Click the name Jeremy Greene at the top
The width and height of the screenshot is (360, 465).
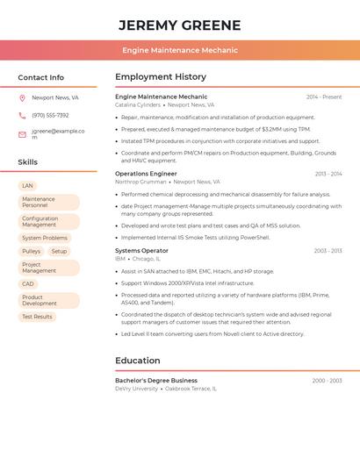(x=179, y=25)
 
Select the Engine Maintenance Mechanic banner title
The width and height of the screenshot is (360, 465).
(x=179, y=50)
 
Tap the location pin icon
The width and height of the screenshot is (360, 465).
(x=22, y=98)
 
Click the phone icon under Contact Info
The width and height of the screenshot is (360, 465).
(x=22, y=115)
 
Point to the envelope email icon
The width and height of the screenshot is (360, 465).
(x=22, y=134)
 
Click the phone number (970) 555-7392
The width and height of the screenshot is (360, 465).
(x=50, y=115)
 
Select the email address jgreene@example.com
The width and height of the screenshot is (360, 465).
(x=58, y=134)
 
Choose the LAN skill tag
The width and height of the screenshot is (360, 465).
(x=27, y=186)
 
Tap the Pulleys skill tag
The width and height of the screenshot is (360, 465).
(x=31, y=252)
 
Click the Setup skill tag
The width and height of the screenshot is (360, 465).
(x=59, y=252)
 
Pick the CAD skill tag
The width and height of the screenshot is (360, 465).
(x=28, y=284)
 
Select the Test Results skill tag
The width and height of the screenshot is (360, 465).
(x=37, y=317)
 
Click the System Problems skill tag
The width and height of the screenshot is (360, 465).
(x=44, y=238)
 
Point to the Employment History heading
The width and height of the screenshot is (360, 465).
(x=160, y=77)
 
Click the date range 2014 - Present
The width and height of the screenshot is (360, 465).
(x=324, y=97)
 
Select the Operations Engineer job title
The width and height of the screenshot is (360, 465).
(x=146, y=174)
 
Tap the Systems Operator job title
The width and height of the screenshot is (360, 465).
(x=141, y=251)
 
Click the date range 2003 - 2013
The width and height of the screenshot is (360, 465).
(x=328, y=174)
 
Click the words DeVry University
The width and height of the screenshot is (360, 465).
(x=136, y=389)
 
